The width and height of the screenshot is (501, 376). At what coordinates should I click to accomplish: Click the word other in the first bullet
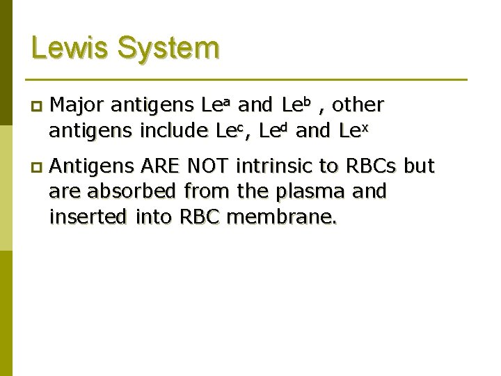click(358, 105)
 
